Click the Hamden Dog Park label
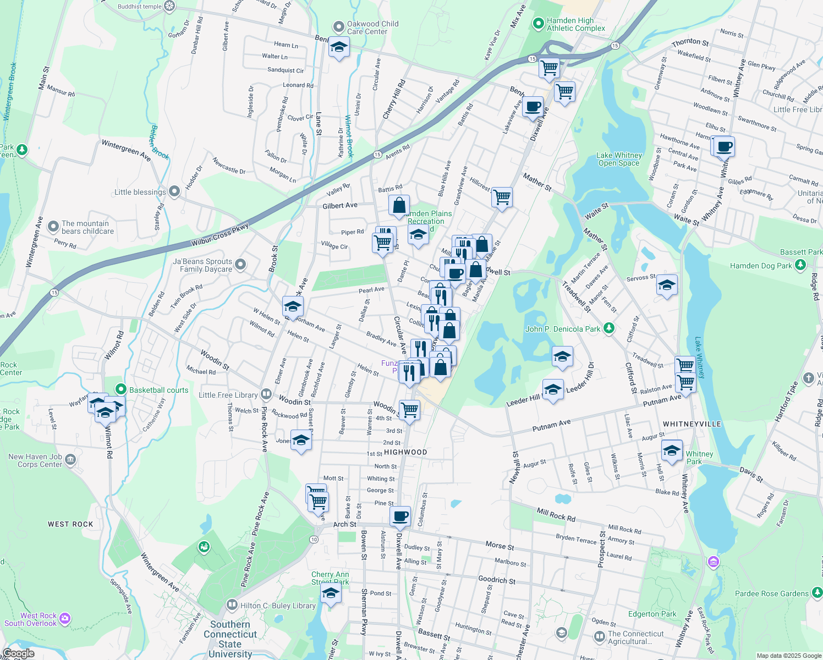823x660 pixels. tap(761, 266)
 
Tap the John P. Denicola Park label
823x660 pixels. tap(562, 329)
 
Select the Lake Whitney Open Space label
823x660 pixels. tap(619, 159)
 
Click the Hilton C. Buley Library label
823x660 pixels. tap(278, 606)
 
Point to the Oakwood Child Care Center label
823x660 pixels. tap(372, 28)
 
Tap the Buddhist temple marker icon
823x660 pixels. tap(170, 7)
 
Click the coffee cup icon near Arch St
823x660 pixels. tap(400, 516)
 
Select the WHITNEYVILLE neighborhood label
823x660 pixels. tap(692, 424)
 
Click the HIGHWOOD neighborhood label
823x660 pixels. tap(405, 452)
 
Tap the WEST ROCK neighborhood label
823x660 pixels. tap(70, 524)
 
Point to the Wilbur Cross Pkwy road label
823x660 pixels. tap(220, 235)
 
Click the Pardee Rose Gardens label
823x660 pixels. tap(772, 593)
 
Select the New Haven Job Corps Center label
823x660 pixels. tap(35, 460)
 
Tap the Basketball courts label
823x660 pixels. tap(158, 390)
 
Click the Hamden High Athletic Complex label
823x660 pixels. tap(575, 24)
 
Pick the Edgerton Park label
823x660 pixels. tap(652, 614)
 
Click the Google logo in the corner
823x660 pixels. tap(18, 653)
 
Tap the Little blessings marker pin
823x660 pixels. tap(174, 191)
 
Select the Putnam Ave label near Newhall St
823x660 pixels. tap(551, 425)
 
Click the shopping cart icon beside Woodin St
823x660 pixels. tap(410, 410)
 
